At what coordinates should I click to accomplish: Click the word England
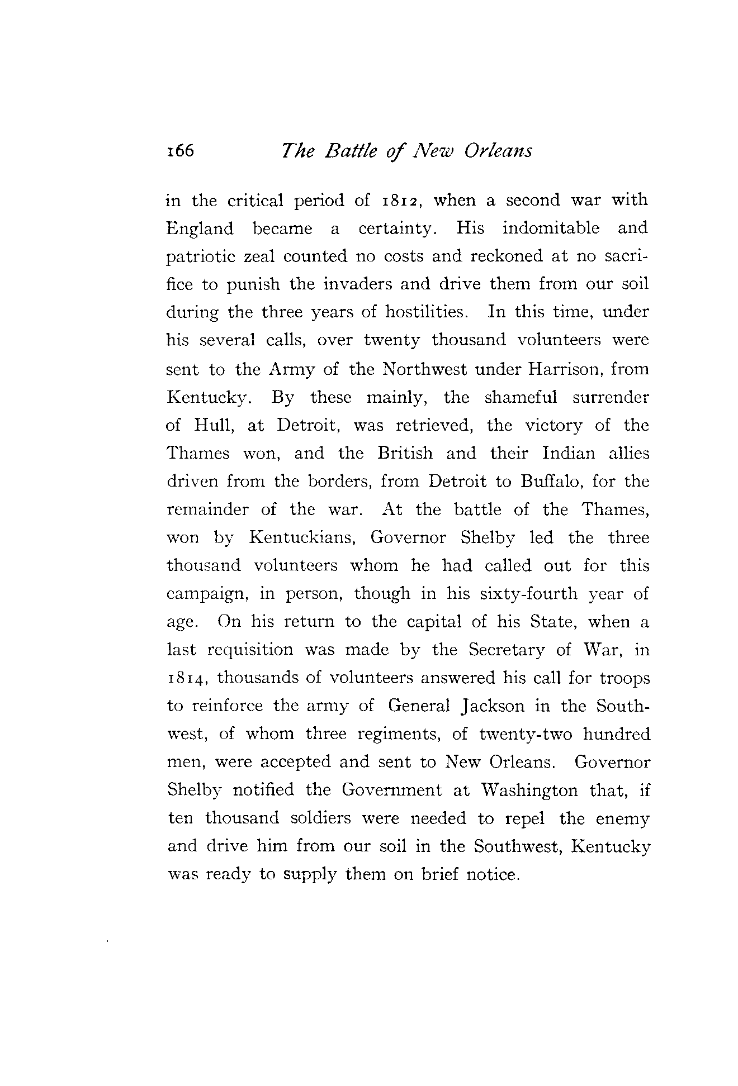[200, 230]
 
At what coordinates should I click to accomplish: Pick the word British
[405, 453]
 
